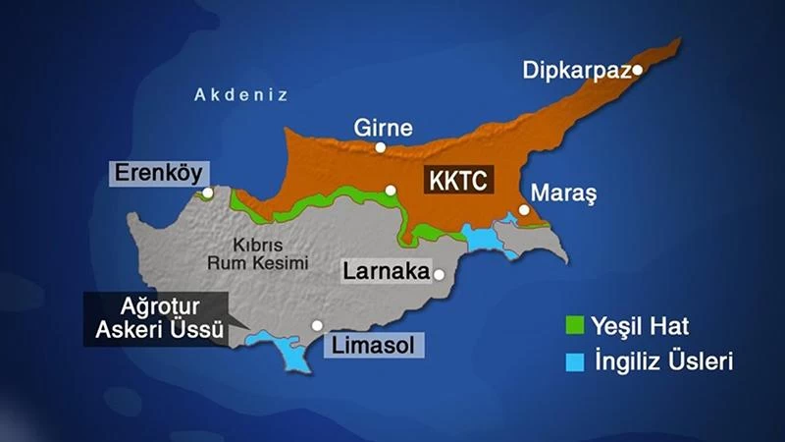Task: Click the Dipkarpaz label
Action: [577, 71]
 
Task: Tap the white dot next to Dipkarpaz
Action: [637, 70]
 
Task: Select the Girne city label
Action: [383, 128]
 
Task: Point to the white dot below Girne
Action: [381, 147]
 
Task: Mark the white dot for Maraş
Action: [525, 209]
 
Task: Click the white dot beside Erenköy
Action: [207, 194]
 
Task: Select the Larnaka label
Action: [382, 272]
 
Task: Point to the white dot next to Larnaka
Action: [440, 275]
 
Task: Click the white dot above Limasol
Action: [317, 325]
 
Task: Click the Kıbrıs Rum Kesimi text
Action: [258, 253]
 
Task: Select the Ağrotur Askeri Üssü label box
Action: [159, 318]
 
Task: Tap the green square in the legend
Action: [575, 325]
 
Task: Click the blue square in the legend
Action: [575, 362]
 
